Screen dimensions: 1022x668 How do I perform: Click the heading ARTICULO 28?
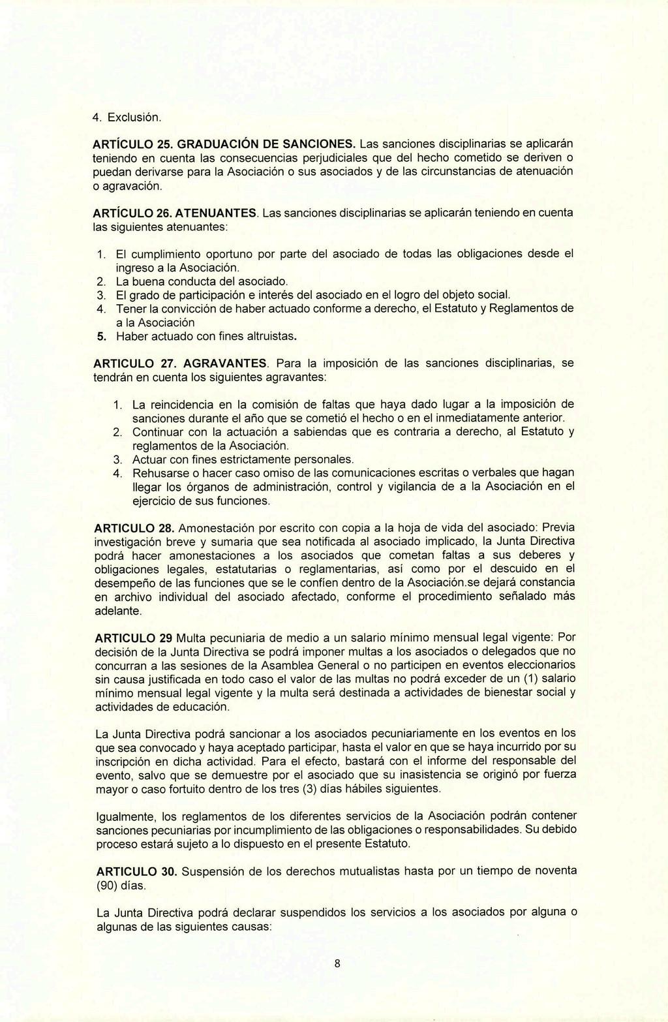[x=134, y=527]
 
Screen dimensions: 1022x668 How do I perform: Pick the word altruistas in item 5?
[x=270, y=337]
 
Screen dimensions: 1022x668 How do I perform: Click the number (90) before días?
[x=109, y=886]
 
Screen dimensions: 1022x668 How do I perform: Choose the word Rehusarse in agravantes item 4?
[x=157, y=472]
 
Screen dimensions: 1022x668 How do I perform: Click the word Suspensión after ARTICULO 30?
[x=213, y=871]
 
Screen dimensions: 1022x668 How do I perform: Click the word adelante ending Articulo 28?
[x=117, y=612]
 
